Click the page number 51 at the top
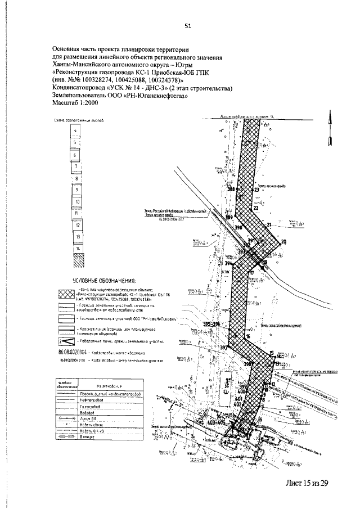(x=188, y=25)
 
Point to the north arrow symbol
(x=330, y=128)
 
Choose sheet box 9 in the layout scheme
(x=75, y=190)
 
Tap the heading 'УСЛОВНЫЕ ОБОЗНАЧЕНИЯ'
(x=105, y=281)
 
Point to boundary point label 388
(x=231, y=190)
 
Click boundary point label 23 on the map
(x=256, y=190)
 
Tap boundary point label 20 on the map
(x=283, y=241)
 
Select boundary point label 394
(x=228, y=263)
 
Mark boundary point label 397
(x=224, y=348)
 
